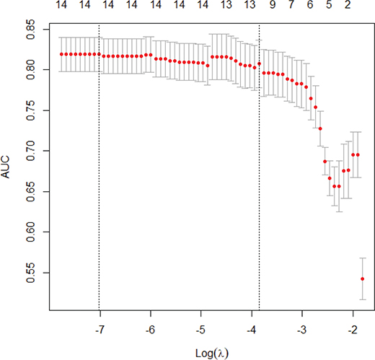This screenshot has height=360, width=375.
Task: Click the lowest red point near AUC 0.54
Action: (x=362, y=278)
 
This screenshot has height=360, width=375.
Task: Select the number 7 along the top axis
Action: (x=291, y=6)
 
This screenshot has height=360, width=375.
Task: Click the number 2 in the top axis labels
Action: (x=347, y=6)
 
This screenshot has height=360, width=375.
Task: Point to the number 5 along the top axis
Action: (x=328, y=6)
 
